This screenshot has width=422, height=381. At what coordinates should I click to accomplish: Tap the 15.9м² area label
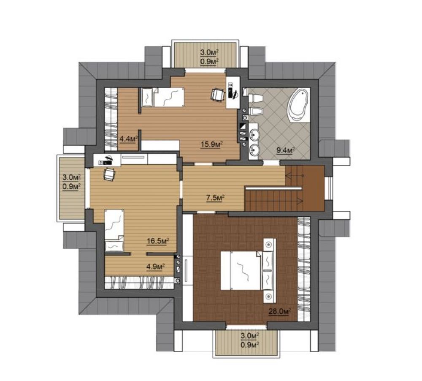[x=211, y=145]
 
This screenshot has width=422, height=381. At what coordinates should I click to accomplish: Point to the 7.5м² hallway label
[x=215, y=198]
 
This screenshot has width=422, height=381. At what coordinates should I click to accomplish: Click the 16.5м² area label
[x=158, y=241]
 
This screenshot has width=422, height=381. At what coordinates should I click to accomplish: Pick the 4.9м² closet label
[x=156, y=267]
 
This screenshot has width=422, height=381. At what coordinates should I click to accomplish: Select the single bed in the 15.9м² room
[x=162, y=97]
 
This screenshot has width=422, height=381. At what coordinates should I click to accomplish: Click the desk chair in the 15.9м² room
[x=217, y=95]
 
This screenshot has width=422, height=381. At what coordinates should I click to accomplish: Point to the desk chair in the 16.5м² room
[x=109, y=174]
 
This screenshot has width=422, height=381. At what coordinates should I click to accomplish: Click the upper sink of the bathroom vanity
[x=254, y=133]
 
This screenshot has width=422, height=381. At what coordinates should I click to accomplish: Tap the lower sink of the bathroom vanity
[x=254, y=149]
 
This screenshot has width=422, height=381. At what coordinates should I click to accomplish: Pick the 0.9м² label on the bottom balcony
[x=250, y=344]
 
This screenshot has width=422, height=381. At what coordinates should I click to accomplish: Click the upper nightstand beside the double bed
[x=269, y=245]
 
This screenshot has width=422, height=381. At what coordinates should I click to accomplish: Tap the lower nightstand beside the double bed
[x=269, y=297]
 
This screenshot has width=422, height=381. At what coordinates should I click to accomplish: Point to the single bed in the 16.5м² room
[x=114, y=231]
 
